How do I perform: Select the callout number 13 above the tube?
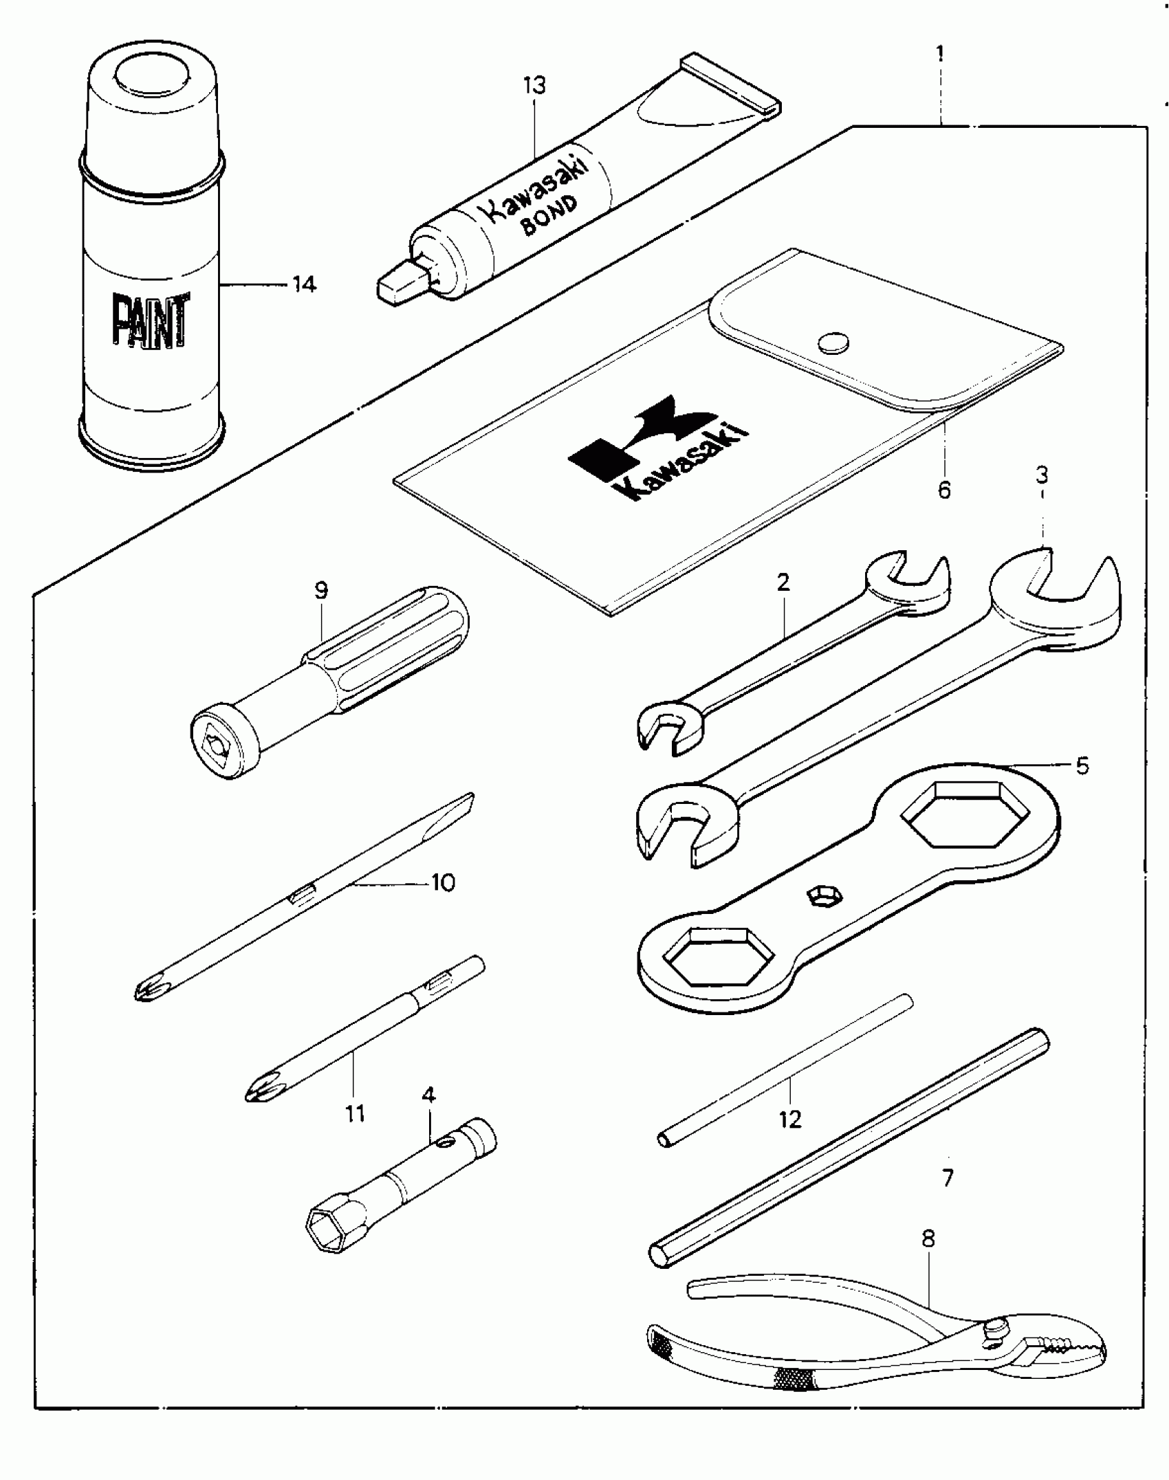(534, 86)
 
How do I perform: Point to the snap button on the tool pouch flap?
(833, 342)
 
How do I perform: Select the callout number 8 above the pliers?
(928, 1239)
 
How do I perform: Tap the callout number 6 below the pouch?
(944, 490)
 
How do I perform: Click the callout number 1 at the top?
(940, 53)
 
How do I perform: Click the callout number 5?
(1082, 765)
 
